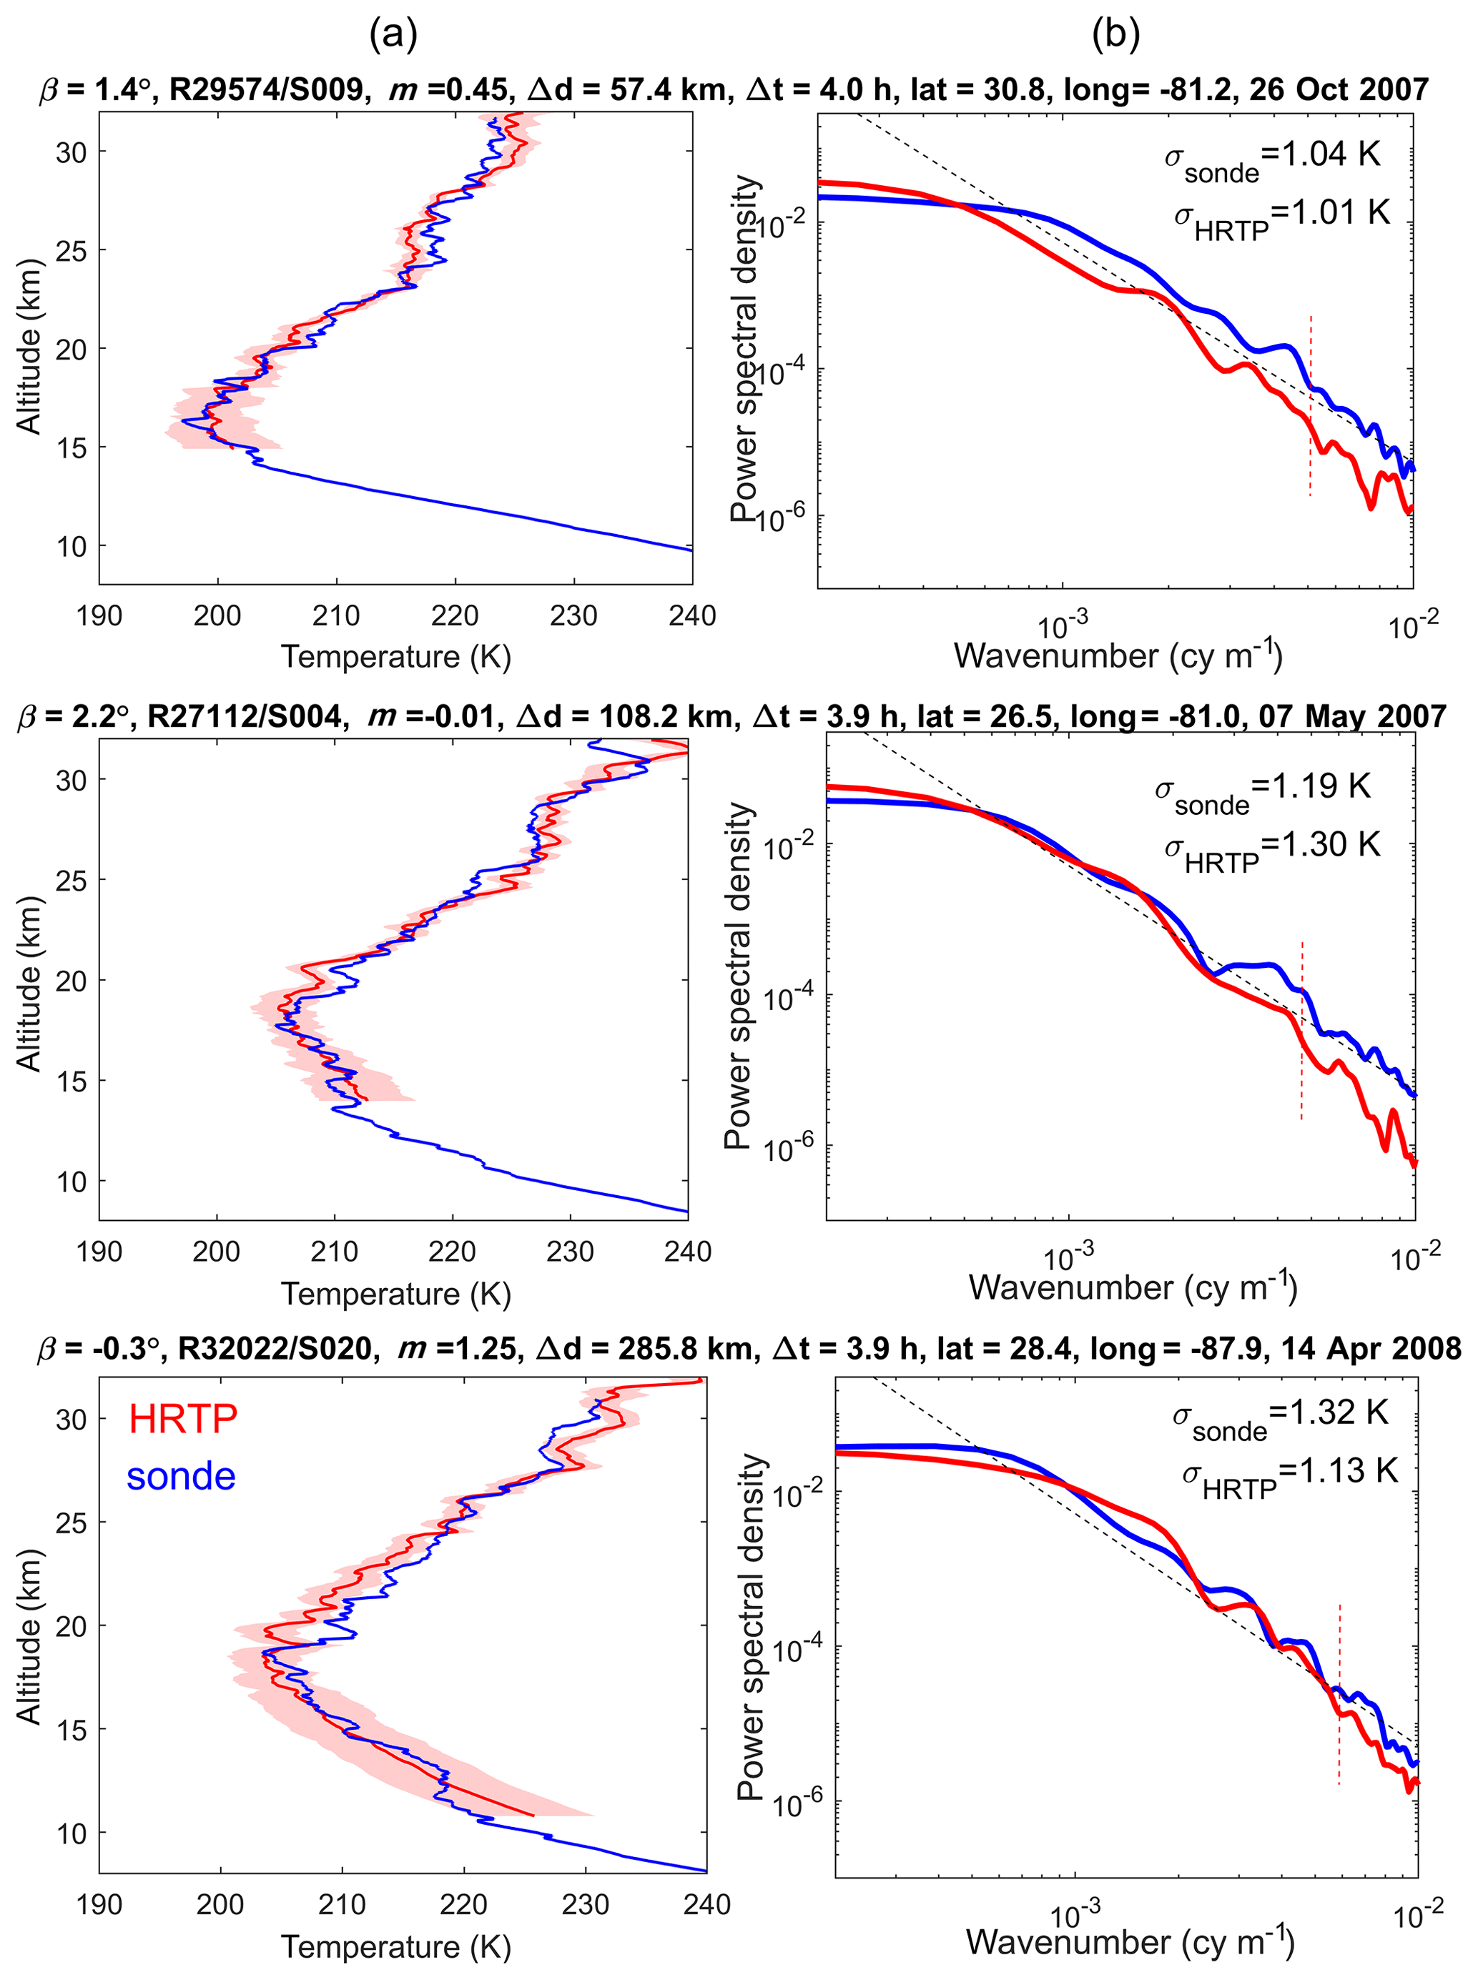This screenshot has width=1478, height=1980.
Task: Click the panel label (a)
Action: [x=394, y=35]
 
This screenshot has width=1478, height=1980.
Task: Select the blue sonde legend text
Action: [x=181, y=1477]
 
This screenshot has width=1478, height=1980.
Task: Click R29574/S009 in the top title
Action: [x=266, y=89]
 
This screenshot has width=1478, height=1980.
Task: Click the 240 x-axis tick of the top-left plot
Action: [x=691, y=616]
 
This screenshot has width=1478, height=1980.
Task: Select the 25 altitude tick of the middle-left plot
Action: [x=71, y=881]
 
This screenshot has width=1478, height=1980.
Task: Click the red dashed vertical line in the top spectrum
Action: [x=1311, y=407]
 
